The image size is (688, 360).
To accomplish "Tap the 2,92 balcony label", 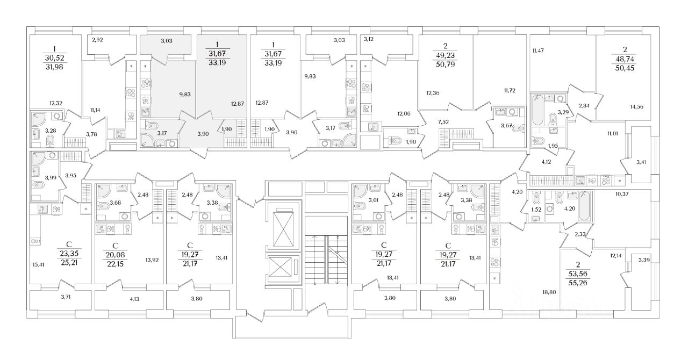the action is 97,40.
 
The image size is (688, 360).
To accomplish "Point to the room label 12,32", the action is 56,103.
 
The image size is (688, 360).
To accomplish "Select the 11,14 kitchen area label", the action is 96,110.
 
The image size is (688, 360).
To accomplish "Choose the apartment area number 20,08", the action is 116,254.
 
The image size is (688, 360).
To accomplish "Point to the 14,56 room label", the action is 635,107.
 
